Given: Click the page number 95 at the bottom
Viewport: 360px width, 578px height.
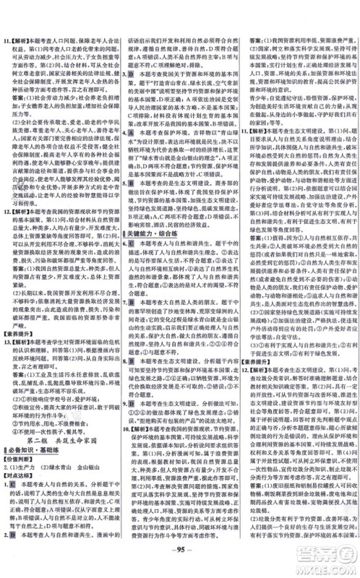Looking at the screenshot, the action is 180,561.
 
